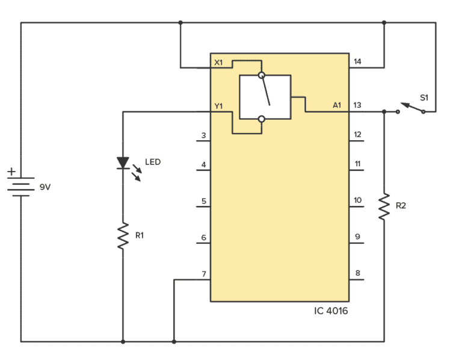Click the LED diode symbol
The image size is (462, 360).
pos(123,163)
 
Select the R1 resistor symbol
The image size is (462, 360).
pos(123,236)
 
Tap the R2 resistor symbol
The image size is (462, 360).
pos(384,206)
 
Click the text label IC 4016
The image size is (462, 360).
pos(331,311)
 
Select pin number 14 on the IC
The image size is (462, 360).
pos(357,61)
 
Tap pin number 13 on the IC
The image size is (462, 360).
pos(357,105)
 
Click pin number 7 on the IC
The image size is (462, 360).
pos(204,274)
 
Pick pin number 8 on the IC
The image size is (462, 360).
pos(357,274)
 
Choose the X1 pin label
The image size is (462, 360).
pos(218,63)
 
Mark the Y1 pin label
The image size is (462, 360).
pos(218,106)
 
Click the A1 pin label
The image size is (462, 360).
pos(337,105)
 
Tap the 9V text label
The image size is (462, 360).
pos(45,187)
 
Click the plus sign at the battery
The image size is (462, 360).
pos(11,172)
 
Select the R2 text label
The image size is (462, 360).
pos(401,206)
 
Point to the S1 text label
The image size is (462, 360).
pos(424,97)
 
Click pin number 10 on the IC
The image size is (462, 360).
pos(357,200)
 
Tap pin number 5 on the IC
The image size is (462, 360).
pos(204,201)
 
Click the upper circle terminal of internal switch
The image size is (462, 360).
pos(261,76)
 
